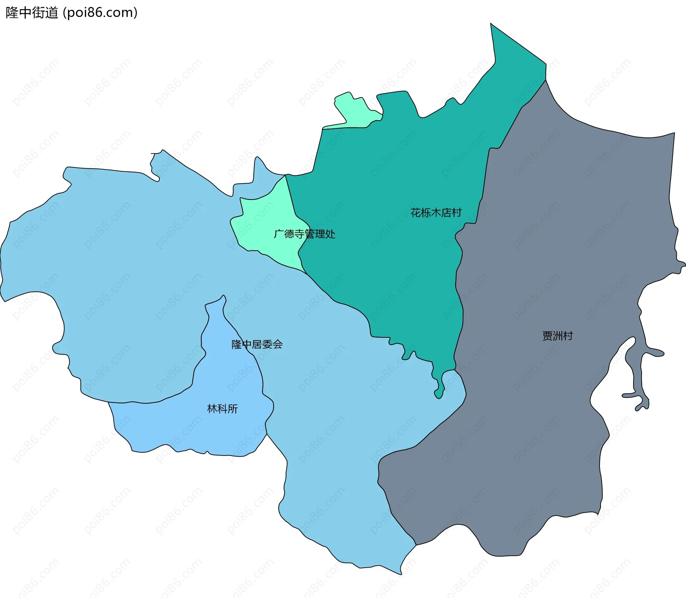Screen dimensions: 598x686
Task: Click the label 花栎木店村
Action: pos(436,213)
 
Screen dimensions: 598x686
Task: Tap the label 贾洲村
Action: pos(557,336)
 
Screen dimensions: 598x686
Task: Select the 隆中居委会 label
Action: pos(257,345)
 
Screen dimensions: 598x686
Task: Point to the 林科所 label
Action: pos(222,409)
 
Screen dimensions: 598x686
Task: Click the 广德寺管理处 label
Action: pos(304,234)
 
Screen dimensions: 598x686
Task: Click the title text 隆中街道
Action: pos(32,13)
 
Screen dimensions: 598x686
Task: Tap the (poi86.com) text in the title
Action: pos(100,13)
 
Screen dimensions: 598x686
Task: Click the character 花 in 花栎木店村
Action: pos(416,213)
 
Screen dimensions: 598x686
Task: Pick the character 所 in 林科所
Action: pos(233,409)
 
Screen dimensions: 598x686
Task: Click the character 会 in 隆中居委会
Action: pos(278,345)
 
